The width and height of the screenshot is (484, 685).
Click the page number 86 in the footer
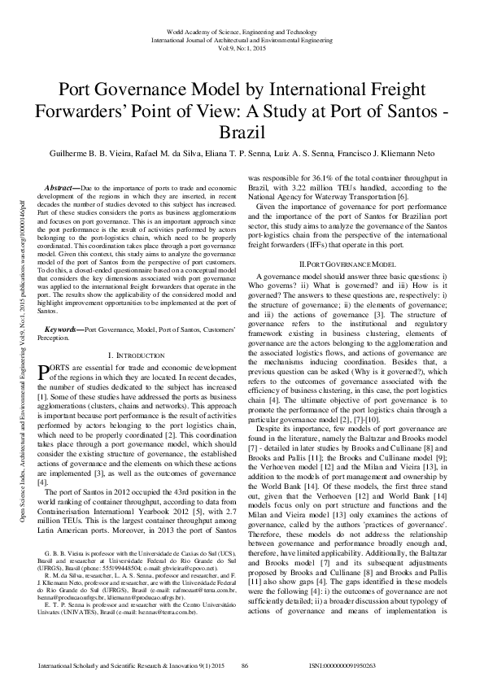[243, 666]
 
